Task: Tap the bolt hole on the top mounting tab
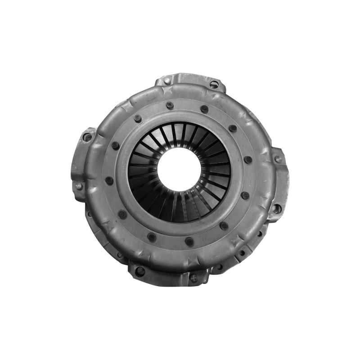(214, 84)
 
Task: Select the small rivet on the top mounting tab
(167, 81)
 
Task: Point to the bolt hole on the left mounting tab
(87, 137)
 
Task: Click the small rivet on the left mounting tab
(79, 185)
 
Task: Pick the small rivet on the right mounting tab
(278, 159)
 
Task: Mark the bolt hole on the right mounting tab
(277, 208)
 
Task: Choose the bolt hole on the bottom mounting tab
(140, 271)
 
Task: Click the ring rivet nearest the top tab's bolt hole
(204, 109)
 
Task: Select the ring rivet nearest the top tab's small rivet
(170, 105)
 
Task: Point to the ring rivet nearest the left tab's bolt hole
(116, 146)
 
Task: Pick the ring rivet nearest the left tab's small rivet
(109, 180)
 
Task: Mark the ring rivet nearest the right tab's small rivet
(248, 160)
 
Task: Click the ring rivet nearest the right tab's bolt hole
(245, 196)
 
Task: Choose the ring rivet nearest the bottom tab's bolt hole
(152, 237)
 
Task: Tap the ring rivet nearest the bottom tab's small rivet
(189, 242)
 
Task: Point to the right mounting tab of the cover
(279, 184)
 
